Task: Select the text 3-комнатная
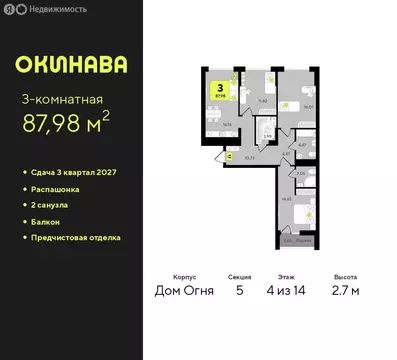pos(62,98)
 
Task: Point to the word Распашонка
pos(58,189)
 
